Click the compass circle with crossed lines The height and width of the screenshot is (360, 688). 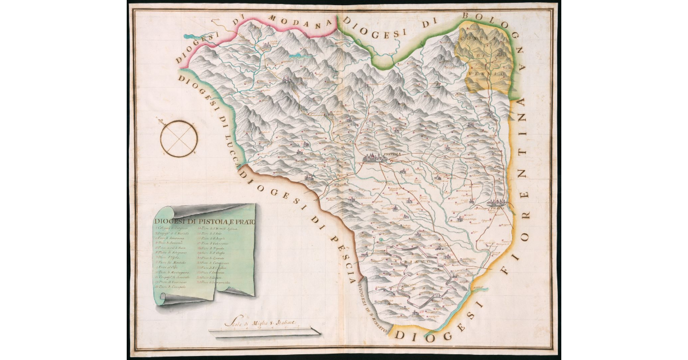pos(179,139)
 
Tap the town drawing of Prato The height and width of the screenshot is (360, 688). pos(497,204)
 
